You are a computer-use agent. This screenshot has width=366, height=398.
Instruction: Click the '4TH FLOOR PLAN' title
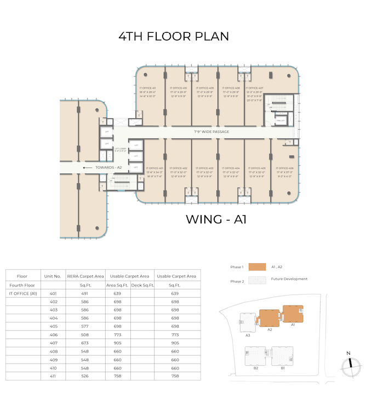point(174,37)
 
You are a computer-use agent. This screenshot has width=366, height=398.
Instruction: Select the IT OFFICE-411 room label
point(147,88)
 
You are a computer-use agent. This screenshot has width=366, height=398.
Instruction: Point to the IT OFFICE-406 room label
point(285,168)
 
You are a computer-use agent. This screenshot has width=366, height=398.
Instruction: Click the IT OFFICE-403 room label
point(205,168)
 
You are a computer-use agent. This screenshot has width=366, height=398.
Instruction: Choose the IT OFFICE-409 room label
point(205,88)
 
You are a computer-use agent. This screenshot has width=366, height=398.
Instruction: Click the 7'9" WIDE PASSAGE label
point(211,132)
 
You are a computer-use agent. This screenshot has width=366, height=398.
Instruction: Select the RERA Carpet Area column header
point(85,276)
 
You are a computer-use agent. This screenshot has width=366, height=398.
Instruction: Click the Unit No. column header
point(53,276)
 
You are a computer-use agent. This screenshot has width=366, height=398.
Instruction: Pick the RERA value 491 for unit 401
point(85,293)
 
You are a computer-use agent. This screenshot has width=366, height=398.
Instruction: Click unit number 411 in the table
point(53,377)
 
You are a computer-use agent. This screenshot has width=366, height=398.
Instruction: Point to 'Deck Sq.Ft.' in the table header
point(142,285)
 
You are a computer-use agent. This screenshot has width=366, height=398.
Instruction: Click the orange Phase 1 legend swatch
point(256,267)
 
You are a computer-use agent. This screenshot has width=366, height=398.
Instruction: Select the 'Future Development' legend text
point(289,279)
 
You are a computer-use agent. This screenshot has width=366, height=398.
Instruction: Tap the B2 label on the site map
point(256,368)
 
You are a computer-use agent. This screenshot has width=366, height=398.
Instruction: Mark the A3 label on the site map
point(248,334)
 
